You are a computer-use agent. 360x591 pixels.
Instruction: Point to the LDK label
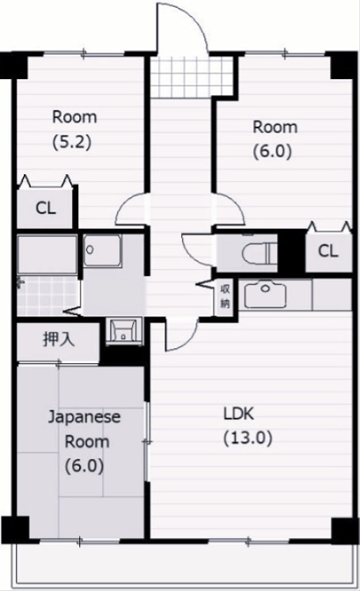[x=237, y=413]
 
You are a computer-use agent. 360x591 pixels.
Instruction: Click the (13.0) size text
[x=247, y=438]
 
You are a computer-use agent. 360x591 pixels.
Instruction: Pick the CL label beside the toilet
[x=328, y=252]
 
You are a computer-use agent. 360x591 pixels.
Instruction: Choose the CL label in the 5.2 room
[x=45, y=209]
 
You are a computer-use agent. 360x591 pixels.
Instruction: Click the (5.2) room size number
[x=74, y=142]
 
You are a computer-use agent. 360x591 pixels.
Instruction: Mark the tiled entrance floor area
[x=183, y=77]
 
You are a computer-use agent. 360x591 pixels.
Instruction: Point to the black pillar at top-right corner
[x=344, y=64]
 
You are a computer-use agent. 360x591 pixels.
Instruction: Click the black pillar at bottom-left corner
[x=15, y=528]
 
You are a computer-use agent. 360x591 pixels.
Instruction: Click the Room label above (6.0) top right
[x=275, y=127]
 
